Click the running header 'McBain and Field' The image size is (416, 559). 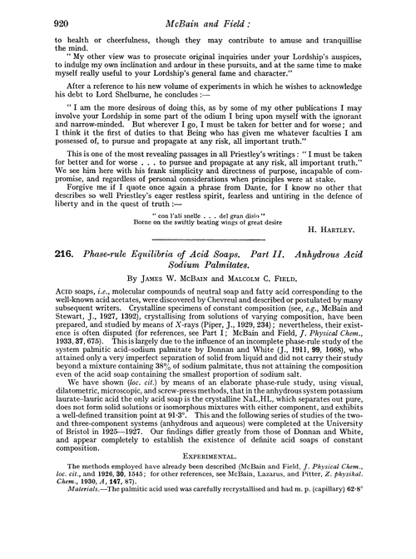pos(207,16)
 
